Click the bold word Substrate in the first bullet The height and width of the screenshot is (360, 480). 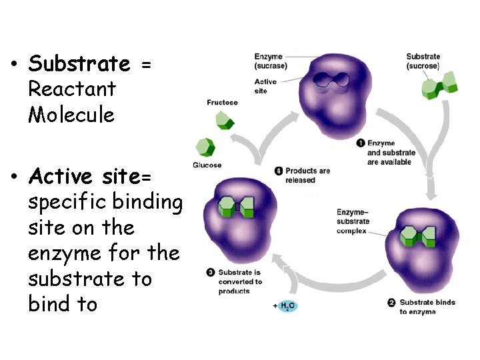(79, 64)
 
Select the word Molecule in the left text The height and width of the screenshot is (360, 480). (71, 115)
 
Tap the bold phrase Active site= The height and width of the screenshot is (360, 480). (91, 177)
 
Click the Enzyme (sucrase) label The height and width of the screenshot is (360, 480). (270, 61)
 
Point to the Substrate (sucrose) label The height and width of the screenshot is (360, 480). (423, 61)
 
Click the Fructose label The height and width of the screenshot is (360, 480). (222, 103)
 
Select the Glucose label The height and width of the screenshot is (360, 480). (207, 165)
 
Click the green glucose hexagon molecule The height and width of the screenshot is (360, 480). (204, 147)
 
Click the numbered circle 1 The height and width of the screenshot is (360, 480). (360, 143)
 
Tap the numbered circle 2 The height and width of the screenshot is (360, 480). (391, 303)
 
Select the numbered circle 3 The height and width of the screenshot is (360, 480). (210, 272)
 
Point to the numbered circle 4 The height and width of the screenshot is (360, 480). (280, 171)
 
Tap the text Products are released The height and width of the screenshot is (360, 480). (307, 175)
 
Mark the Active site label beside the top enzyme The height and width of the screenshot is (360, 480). (265, 86)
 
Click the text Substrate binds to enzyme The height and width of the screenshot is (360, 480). (427, 307)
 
